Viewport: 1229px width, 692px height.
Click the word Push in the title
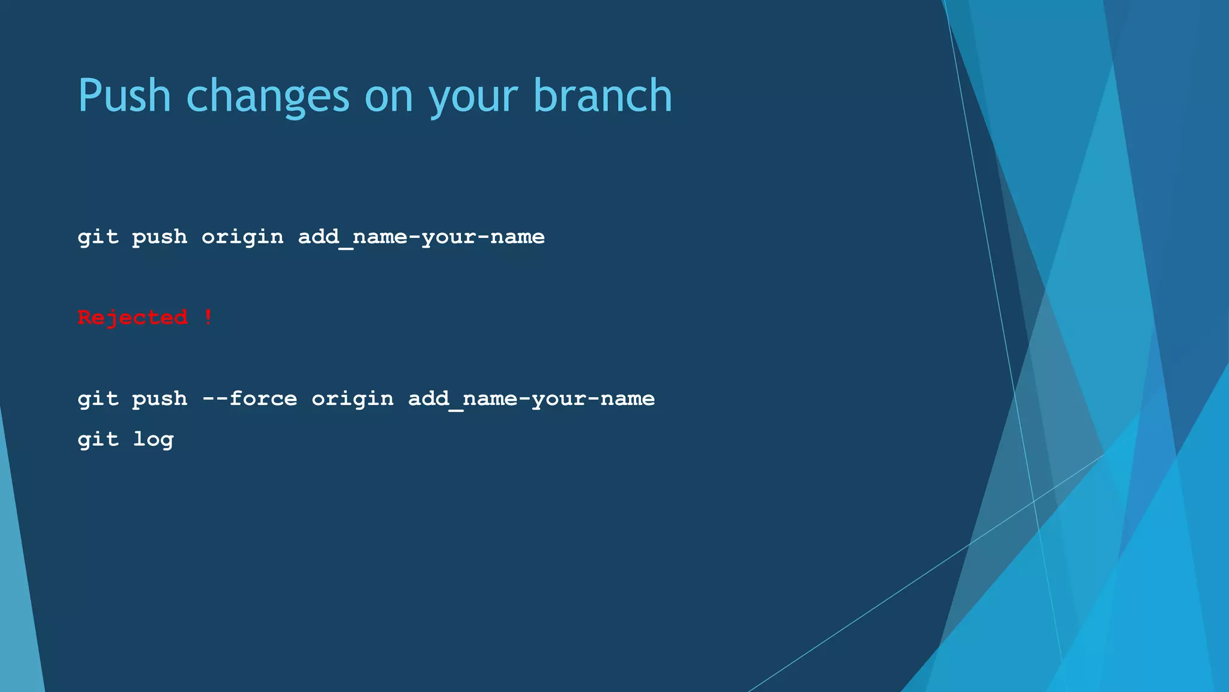[125, 96]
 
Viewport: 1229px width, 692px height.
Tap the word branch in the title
[602, 96]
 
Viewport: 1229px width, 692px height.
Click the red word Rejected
[133, 318]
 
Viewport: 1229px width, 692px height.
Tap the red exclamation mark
[208, 317]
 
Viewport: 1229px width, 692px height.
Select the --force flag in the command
[250, 398]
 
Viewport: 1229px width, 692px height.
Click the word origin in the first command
[242, 237]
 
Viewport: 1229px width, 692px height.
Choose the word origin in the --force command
[353, 399]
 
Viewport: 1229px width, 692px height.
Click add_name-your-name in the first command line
[421, 237]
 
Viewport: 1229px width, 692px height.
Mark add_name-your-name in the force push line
[531, 399]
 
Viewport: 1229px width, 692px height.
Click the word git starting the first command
[98, 237]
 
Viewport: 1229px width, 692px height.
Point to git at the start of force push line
[98, 399]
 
